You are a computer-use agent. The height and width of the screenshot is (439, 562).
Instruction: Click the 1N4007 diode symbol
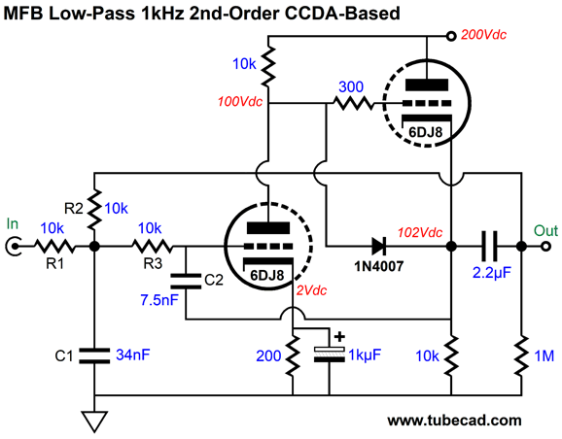(378, 247)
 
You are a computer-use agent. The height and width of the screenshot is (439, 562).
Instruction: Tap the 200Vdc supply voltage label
(483, 35)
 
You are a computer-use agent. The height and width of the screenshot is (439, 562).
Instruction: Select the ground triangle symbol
(94, 422)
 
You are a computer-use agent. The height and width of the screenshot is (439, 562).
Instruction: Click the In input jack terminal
(14, 247)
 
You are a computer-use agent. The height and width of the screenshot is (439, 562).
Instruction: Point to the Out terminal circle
(545, 247)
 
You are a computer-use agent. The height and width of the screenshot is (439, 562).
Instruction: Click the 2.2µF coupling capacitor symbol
(489, 247)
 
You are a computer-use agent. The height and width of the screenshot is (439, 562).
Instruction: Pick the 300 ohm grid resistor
(354, 104)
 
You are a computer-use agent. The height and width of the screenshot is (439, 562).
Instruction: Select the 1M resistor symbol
(522, 355)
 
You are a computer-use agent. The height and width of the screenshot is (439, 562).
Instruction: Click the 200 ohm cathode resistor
(293, 355)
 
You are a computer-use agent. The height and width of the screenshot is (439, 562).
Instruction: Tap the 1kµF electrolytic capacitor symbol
(329, 354)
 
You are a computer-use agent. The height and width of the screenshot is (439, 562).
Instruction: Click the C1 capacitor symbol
(94, 355)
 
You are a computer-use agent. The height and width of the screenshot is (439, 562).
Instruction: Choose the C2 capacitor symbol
(186, 281)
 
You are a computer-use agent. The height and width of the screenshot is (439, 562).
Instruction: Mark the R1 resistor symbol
(54, 247)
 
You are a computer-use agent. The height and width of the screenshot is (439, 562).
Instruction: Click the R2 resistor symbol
(94, 210)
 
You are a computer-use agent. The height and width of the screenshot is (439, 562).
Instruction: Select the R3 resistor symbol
(153, 247)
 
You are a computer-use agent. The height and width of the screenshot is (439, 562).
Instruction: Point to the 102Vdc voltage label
(420, 233)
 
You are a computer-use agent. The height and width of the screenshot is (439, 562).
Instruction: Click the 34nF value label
(132, 355)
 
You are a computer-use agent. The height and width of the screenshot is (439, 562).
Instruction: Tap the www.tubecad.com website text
(454, 420)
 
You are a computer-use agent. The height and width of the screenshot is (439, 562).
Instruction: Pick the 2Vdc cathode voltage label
(311, 290)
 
